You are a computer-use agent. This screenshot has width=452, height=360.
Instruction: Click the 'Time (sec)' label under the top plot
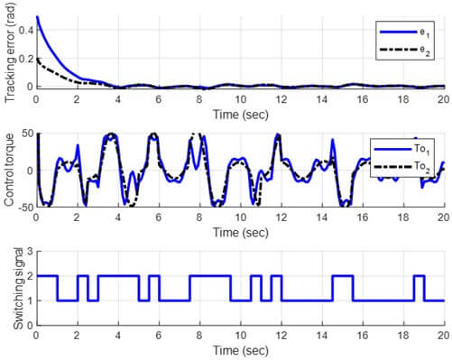239,114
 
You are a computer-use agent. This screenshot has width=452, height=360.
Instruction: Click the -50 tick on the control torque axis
22,207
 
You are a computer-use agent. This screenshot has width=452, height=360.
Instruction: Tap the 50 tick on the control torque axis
24,134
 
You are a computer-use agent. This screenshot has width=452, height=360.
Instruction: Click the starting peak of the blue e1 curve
37,17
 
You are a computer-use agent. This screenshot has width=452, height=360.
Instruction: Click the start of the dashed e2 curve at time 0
37,59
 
